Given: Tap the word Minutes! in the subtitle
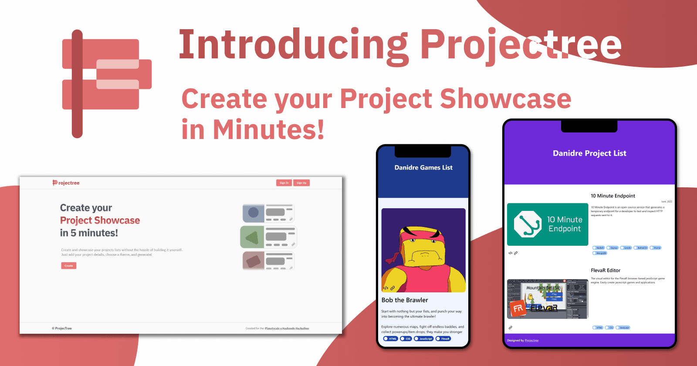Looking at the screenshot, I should point(268,130).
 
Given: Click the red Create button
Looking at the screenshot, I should point(69,266).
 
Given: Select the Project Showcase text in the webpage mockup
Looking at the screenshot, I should point(100,220).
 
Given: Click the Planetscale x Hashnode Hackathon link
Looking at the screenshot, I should point(287,329).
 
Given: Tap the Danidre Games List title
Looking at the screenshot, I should point(423,168).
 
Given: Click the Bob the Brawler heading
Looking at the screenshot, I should point(405,300).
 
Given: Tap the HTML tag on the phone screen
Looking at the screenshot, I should point(391,339).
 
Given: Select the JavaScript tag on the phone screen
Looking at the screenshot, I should point(424,339).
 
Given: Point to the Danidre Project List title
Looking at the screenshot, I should point(589,153).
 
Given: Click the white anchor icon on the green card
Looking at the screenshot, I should point(528,224).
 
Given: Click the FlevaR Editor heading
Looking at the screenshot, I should point(606,271).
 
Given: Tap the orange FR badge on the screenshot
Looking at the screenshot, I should point(518,308).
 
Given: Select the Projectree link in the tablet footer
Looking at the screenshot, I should point(531,341).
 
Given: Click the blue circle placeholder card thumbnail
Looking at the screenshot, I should point(254,213).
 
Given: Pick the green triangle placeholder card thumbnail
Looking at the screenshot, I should point(252,237).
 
